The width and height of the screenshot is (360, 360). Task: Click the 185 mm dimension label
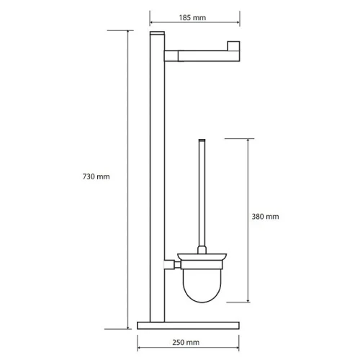pos(192,17)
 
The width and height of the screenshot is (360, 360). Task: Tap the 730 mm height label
pos(96,176)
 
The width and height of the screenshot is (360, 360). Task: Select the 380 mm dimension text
pos(265,217)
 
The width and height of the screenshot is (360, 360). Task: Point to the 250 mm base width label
pos(186,342)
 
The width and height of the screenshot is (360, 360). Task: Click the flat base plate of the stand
pos(188,325)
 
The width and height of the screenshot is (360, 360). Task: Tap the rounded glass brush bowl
pos(202,285)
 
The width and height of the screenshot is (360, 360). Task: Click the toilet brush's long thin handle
pos(202,193)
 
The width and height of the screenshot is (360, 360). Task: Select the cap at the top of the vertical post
pos(157,33)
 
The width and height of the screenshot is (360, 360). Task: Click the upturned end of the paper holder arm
pos(233,46)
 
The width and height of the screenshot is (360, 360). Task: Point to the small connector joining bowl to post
pos(172,264)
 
